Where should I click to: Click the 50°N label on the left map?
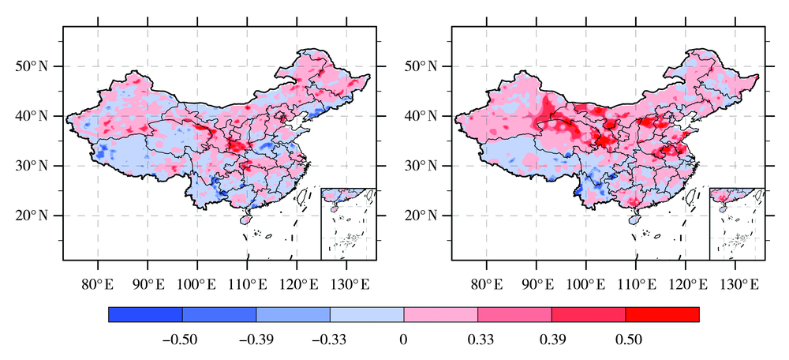tap(32, 66)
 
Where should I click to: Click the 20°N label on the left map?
tap(32, 216)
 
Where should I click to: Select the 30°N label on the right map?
tap(421, 167)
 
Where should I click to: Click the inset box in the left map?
tap(348, 223)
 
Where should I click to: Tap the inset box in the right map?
tap(737, 223)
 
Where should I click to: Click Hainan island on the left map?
tap(245, 220)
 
